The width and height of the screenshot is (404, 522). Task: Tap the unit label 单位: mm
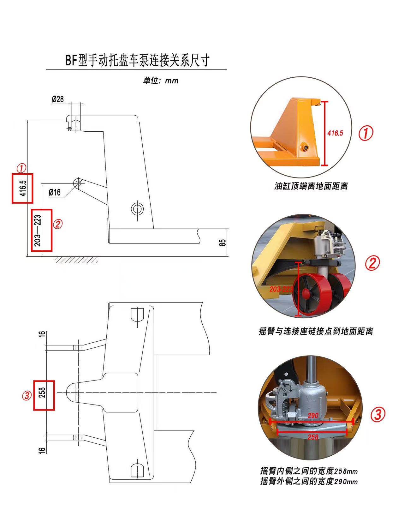pyautogui.click(x=161, y=81)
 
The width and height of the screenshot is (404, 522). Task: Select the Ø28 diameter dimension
pyautogui.click(x=58, y=99)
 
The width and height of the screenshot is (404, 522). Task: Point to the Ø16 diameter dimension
pyautogui.click(x=55, y=192)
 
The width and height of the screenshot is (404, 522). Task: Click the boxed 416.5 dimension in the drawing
pyautogui.click(x=22, y=188)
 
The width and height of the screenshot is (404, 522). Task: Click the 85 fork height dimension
pyautogui.click(x=223, y=243)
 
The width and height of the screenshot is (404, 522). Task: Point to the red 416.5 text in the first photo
pyautogui.click(x=335, y=133)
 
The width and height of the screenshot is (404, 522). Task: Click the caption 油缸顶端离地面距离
pyautogui.click(x=311, y=186)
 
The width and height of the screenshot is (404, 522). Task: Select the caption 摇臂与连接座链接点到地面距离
pyautogui.click(x=316, y=331)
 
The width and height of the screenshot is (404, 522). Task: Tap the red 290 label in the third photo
pyautogui.click(x=312, y=416)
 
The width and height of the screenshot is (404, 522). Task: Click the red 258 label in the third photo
pyautogui.click(x=312, y=437)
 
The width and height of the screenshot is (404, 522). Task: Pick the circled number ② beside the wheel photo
pyautogui.click(x=372, y=263)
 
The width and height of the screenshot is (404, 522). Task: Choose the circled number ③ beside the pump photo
pyautogui.click(x=377, y=414)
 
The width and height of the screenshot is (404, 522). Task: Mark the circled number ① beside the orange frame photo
pyautogui.click(x=365, y=133)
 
